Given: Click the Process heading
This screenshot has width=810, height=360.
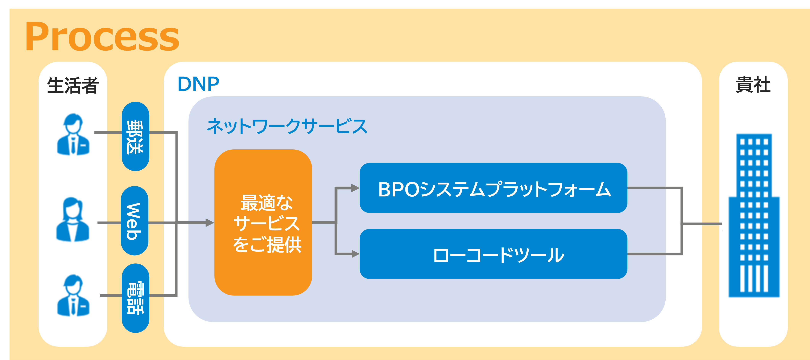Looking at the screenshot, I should click(x=102, y=37).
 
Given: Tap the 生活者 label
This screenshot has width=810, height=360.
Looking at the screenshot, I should click(x=73, y=85).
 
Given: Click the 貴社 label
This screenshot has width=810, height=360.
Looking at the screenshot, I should click(x=753, y=85).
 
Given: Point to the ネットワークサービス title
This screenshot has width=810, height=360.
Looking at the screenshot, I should click(x=287, y=126).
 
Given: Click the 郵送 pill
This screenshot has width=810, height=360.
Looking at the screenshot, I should click(x=135, y=136).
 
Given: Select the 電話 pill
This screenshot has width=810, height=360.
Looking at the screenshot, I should click(x=135, y=298).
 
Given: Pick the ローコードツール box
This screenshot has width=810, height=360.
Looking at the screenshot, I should click(x=493, y=254).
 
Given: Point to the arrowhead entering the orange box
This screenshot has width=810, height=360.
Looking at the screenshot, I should click(x=210, y=223).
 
